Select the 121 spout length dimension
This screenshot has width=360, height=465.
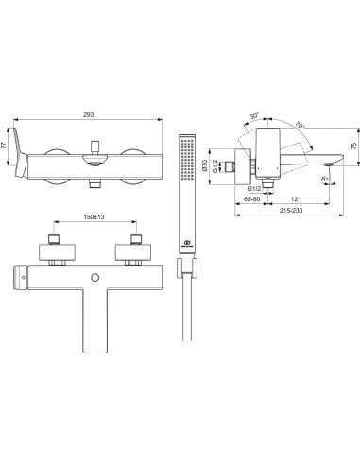click(x=295, y=201)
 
